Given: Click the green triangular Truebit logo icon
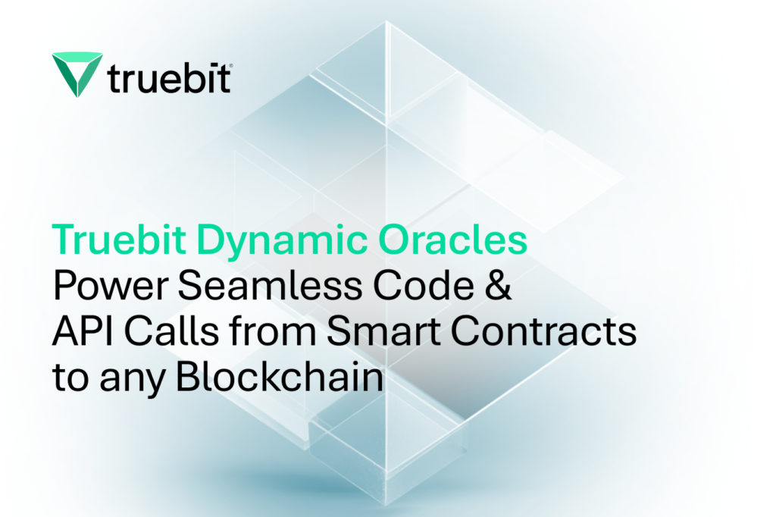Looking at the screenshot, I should (x=77, y=72).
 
